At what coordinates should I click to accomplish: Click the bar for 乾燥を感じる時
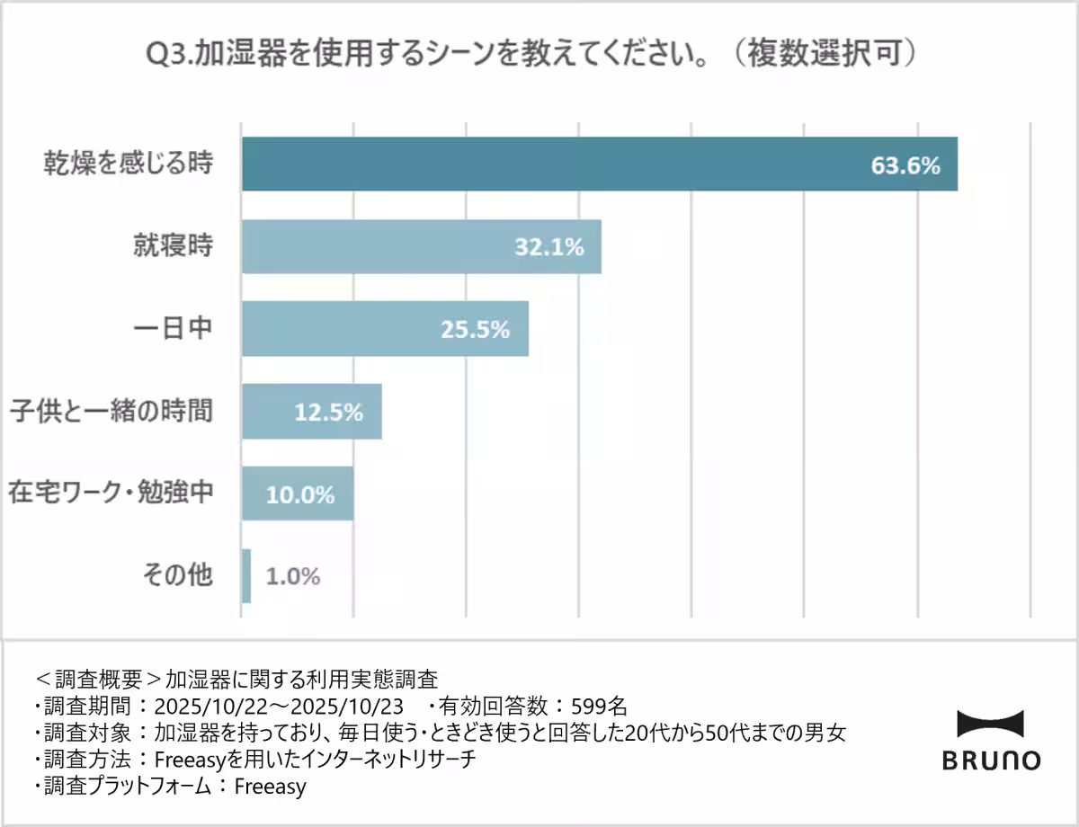tap(539, 165)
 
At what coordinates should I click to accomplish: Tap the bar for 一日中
tap(360, 329)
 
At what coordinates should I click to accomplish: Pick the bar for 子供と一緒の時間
tap(270, 412)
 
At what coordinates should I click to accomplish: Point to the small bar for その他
tap(246, 576)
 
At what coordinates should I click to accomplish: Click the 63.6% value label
tap(905, 165)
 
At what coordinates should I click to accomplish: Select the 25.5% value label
tap(476, 330)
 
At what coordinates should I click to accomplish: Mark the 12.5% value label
tap(329, 413)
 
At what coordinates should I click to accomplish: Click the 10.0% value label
tap(300, 494)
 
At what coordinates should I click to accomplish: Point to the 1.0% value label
tap(293, 576)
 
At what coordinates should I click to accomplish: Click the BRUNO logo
tap(991, 741)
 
